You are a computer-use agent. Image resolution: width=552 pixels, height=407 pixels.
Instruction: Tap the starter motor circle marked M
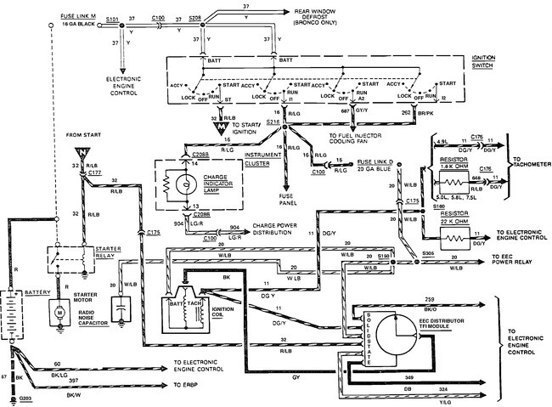tap(59, 314)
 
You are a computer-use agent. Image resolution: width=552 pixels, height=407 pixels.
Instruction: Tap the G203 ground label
tap(25, 399)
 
